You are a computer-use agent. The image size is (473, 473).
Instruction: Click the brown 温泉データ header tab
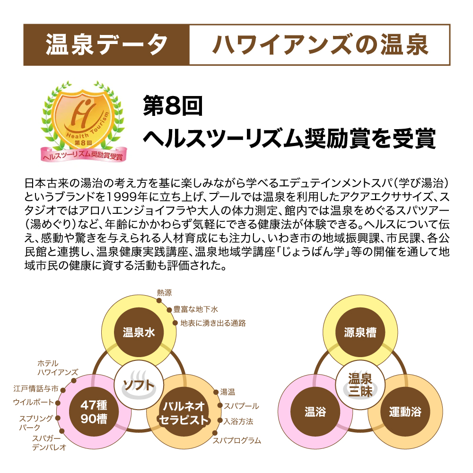(106, 44)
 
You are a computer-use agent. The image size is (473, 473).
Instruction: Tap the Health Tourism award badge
(83, 121)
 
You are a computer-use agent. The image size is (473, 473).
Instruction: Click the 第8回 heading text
(173, 106)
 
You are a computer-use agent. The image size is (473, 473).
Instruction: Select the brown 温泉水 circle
(139, 333)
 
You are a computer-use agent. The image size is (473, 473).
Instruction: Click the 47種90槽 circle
(94, 412)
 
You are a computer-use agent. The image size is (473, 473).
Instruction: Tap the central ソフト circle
(139, 385)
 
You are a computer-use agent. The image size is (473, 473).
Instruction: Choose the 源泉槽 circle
(360, 333)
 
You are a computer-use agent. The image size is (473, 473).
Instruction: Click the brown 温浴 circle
(315, 412)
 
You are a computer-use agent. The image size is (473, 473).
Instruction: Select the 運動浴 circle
(405, 412)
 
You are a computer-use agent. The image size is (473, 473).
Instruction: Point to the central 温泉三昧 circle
(360, 385)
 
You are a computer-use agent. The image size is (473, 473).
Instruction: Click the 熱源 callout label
(165, 293)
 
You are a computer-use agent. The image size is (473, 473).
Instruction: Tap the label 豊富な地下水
(195, 309)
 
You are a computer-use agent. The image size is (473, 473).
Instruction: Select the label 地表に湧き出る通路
(213, 323)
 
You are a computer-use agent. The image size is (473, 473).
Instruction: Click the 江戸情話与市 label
(35, 388)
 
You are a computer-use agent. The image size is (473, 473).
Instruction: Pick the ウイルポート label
(34, 402)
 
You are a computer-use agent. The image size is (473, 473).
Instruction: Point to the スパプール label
(241, 406)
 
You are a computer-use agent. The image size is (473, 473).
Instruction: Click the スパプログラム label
(237, 440)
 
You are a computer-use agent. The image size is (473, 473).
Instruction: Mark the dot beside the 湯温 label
(216, 392)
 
